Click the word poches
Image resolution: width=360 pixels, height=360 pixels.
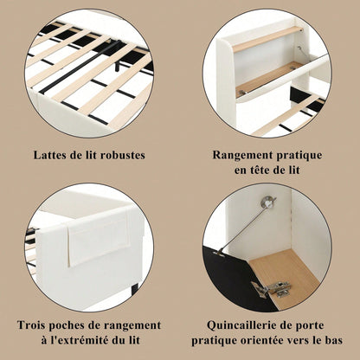click(76, 325)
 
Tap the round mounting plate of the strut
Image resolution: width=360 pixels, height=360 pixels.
click(269, 204)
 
